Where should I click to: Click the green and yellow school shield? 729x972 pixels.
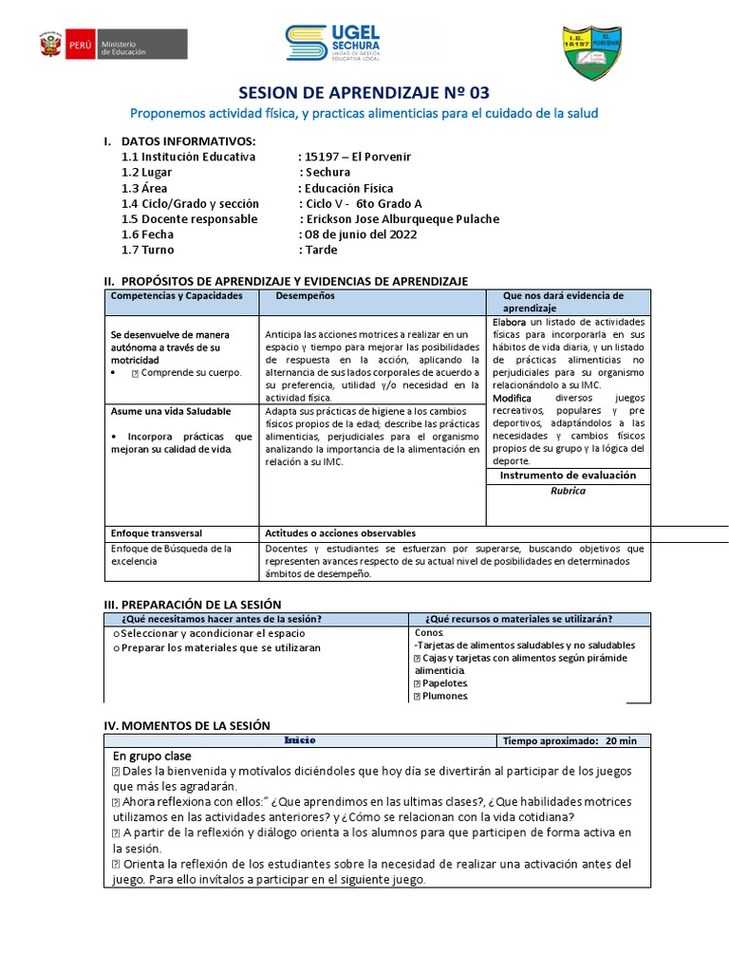coord(592,53)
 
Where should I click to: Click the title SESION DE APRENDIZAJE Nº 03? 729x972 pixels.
coord(364,93)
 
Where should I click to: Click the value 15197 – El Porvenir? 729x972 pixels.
coord(354,157)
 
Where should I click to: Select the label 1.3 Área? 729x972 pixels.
coord(144,188)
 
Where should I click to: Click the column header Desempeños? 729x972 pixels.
coord(305,296)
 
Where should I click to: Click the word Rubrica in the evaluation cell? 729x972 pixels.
coord(568,491)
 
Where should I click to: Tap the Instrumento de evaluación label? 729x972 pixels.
coord(568,475)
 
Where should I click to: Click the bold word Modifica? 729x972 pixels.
coord(513,399)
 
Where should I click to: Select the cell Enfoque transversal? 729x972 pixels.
coord(156,533)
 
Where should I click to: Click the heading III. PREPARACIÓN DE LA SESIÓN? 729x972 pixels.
coord(192,605)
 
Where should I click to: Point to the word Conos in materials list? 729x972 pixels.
coord(428,632)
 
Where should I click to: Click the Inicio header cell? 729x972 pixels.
coord(300,740)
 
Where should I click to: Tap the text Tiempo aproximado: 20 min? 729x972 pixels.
coord(570,740)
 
